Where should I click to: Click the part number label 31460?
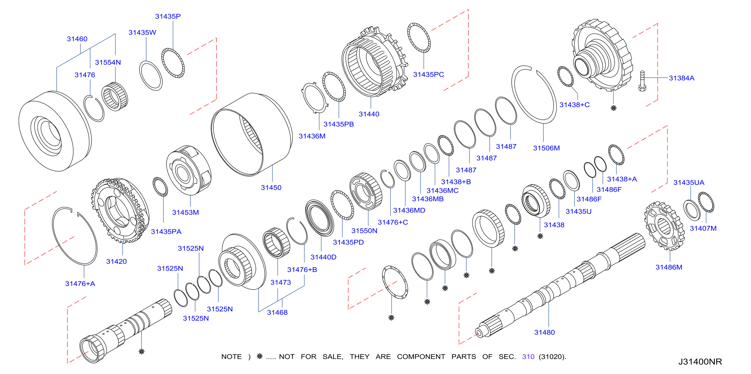(x=77, y=39)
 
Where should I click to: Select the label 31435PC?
(x=428, y=75)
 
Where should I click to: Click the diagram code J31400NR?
(x=700, y=361)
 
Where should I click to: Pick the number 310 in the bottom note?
(x=528, y=357)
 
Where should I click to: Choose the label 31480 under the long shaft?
(x=544, y=332)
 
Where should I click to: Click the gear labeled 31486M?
(x=664, y=226)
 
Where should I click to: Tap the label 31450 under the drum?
(x=271, y=188)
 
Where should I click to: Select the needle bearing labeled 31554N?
(x=115, y=96)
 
